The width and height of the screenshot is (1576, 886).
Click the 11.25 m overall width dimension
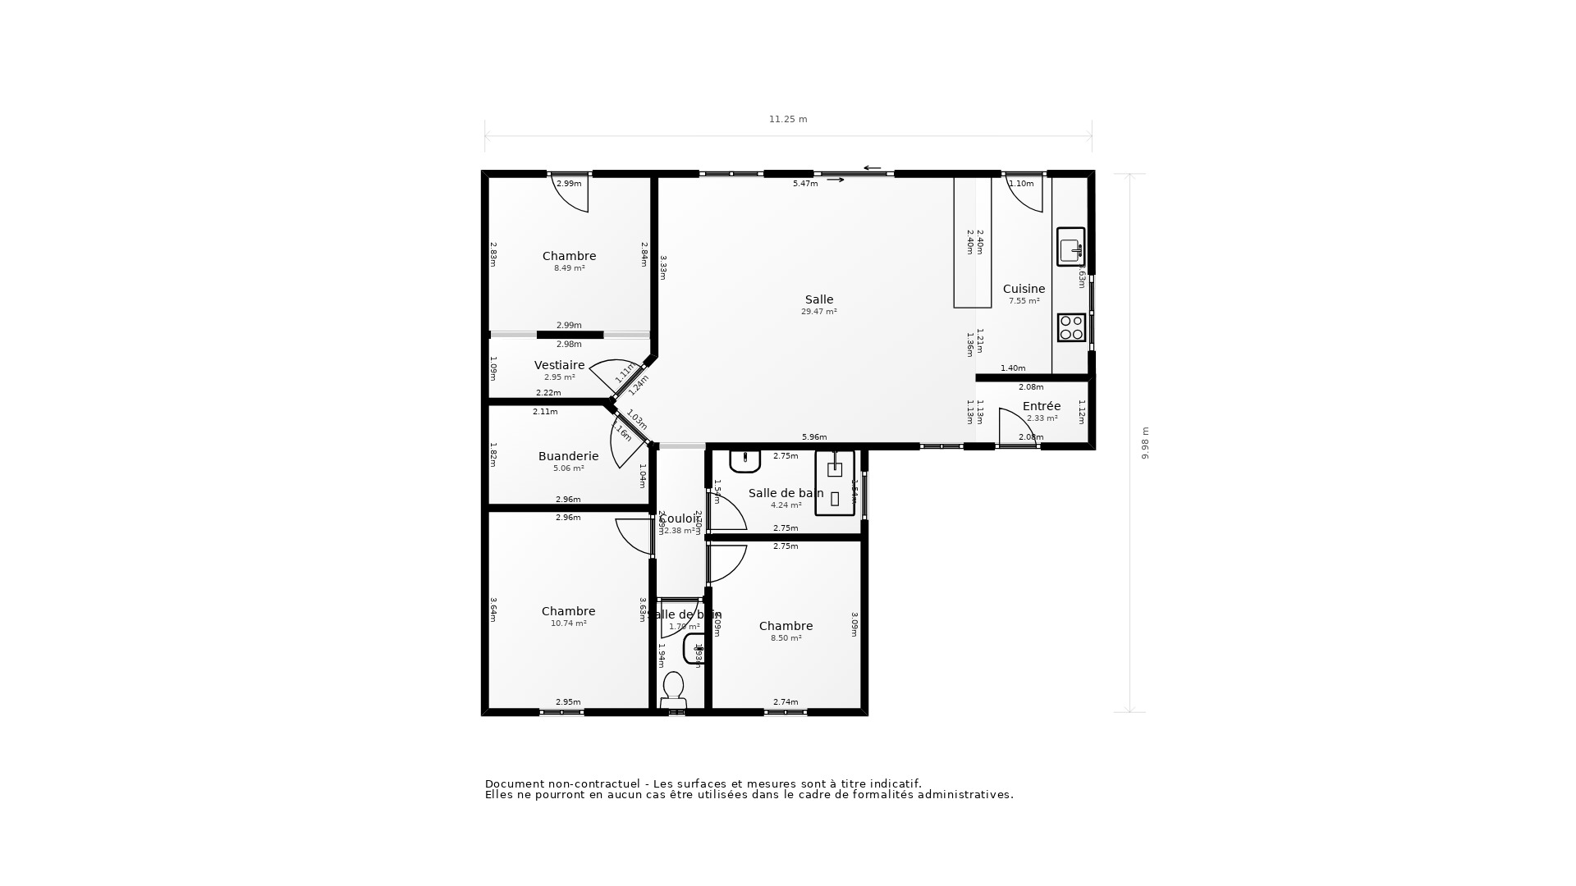(787, 120)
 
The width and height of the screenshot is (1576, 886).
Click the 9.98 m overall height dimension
(1145, 443)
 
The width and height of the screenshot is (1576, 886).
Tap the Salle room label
(818, 300)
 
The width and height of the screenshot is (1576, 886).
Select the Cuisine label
(1024, 290)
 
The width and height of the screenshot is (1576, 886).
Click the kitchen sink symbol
(1070, 247)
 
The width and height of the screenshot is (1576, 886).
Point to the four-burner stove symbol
(1071, 328)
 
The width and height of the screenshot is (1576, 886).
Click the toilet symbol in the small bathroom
(673, 690)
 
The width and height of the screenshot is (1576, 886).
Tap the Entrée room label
(1041, 407)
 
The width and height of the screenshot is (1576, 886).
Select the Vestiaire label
(559, 366)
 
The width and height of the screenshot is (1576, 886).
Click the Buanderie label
(568, 457)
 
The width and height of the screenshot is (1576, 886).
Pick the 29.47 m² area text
(818, 313)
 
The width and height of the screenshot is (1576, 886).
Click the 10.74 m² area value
(568, 624)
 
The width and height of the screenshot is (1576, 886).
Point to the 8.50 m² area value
(786, 639)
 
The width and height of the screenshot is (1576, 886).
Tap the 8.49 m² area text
(569, 269)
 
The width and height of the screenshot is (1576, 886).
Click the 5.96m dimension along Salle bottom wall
(813, 437)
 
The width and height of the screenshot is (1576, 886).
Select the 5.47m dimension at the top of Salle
(804, 184)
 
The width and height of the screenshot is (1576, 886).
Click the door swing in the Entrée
(1015, 427)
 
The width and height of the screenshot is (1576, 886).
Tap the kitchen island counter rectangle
(972, 242)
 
